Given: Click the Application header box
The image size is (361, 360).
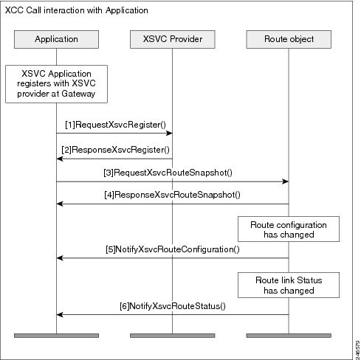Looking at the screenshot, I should coord(56,37).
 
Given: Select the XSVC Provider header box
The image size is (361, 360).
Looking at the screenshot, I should coord(172,37).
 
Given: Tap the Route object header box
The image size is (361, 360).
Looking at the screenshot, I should coord(289,37).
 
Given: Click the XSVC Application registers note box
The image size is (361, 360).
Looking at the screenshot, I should coord(56,83).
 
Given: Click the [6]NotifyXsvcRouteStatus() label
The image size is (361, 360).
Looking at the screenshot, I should coord(172,305).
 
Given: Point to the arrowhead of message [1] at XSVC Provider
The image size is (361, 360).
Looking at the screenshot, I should coord(169,134).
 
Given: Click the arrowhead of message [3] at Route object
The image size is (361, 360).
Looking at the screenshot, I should coord(285,181).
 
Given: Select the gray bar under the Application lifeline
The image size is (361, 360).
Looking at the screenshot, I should coord(56,336).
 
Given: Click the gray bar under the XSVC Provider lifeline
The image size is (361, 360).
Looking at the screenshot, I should coord(172,336).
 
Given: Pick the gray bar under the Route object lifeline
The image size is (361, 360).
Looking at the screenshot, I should coord(289,336).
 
